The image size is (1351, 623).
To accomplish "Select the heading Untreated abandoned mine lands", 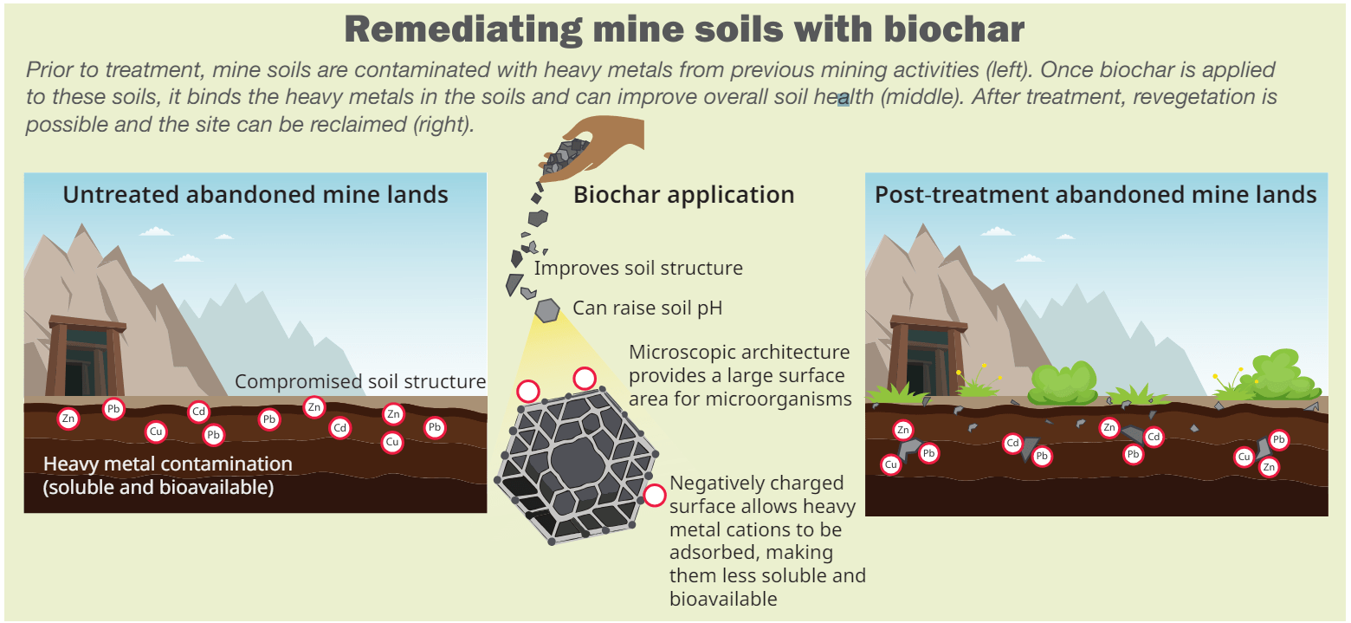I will [255, 194].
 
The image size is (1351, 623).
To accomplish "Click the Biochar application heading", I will [683, 195].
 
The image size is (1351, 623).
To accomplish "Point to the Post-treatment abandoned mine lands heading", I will [1096, 194].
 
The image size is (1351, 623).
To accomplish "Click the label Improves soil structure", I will [637, 268].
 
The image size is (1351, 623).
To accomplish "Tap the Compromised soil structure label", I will [360, 381].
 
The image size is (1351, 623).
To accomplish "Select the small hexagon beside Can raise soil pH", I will [546, 309].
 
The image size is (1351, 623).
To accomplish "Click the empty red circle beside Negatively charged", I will [654, 496].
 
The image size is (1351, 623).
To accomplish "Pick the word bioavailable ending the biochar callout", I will [722, 598].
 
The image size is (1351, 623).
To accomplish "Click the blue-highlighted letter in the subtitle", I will [843, 99].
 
